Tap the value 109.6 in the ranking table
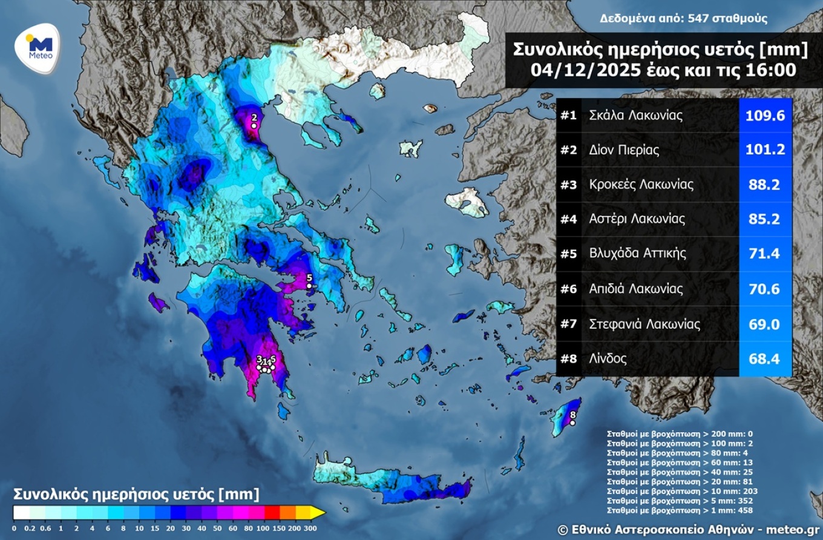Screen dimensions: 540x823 pos(766,115)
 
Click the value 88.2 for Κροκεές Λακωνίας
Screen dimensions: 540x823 pos(766,185)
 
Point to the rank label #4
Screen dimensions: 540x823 pos(568,219)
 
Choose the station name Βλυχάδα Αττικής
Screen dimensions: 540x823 pos(638,254)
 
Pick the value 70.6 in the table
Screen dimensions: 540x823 pos(766,289)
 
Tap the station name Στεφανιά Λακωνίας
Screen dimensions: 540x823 pos(644,324)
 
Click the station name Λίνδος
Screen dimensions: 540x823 pos(608,358)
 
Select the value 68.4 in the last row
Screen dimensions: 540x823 pos(766,358)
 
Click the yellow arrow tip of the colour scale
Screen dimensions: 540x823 pos(318,513)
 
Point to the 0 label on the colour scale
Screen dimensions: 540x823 pos(14,528)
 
